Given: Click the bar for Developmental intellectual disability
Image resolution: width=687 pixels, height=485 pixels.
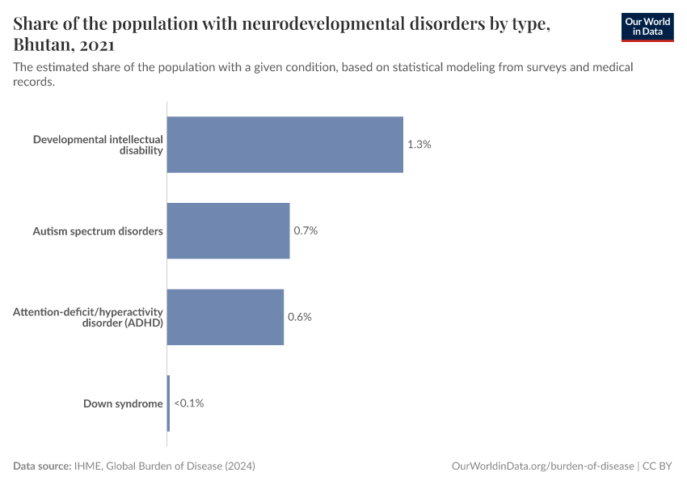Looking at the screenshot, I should pos(284,145).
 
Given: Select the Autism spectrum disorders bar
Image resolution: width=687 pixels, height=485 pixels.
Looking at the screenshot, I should pos(228,230).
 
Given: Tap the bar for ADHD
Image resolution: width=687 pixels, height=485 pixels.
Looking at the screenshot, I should pos(225,317).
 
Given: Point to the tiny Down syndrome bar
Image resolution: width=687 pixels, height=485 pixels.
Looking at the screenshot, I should pos(168,403).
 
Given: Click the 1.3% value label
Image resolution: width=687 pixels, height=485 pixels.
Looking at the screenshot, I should pos(419,145).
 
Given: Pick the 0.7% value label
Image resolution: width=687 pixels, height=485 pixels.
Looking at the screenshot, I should pos(306,230).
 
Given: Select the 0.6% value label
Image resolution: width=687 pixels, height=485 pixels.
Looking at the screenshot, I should pos(300,317).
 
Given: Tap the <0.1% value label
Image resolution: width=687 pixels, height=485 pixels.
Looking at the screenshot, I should pos(188,403).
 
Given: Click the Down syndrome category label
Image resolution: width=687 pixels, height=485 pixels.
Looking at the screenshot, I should pos(123,403).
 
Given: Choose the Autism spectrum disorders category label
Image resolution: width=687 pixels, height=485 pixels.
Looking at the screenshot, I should pos(98,231).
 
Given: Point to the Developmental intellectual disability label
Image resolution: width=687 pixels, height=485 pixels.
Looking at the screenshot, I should pos(98,145).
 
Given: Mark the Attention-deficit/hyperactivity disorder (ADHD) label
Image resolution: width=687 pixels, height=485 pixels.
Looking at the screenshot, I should pos(88,317).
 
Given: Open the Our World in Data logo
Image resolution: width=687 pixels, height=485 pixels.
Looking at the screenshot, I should pos(647,27).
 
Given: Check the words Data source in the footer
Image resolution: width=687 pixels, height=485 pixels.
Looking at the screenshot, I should pos(41,466).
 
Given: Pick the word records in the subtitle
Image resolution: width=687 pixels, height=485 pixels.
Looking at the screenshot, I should pos(34,82).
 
